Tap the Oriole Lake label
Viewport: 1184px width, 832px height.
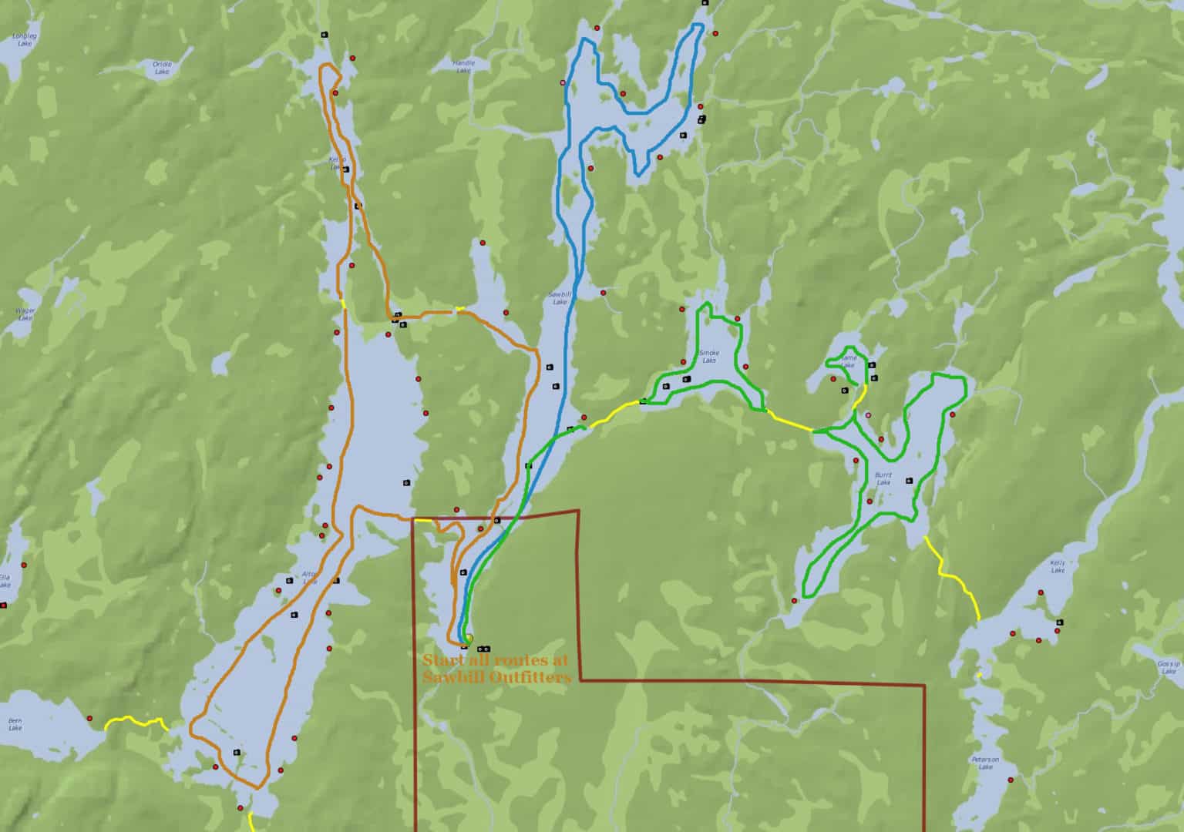tap(162, 67)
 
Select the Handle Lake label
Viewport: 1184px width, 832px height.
tap(463, 66)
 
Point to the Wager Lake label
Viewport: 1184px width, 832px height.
tap(25, 314)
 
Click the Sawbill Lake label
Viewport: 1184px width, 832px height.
tap(558, 297)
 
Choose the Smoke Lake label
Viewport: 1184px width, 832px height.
tap(708, 357)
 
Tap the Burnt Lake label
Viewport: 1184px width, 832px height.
tap(883, 478)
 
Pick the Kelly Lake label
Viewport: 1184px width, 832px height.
tap(1058, 566)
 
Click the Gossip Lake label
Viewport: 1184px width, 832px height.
tap(1169, 666)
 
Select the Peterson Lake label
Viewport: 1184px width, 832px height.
tap(985, 763)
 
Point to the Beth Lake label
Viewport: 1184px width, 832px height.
tap(15, 723)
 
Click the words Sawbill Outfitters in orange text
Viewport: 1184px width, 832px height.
tap(496, 678)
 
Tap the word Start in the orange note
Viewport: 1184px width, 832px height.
tap(440, 660)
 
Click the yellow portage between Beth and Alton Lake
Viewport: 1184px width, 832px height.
tap(136, 721)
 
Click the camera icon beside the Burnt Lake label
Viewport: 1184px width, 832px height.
tap(910, 480)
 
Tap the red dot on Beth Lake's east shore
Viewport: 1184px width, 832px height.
tap(90, 718)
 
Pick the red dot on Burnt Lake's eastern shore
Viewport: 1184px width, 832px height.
tap(953, 414)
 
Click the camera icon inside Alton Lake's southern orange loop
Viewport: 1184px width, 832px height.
tap(236, 752)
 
